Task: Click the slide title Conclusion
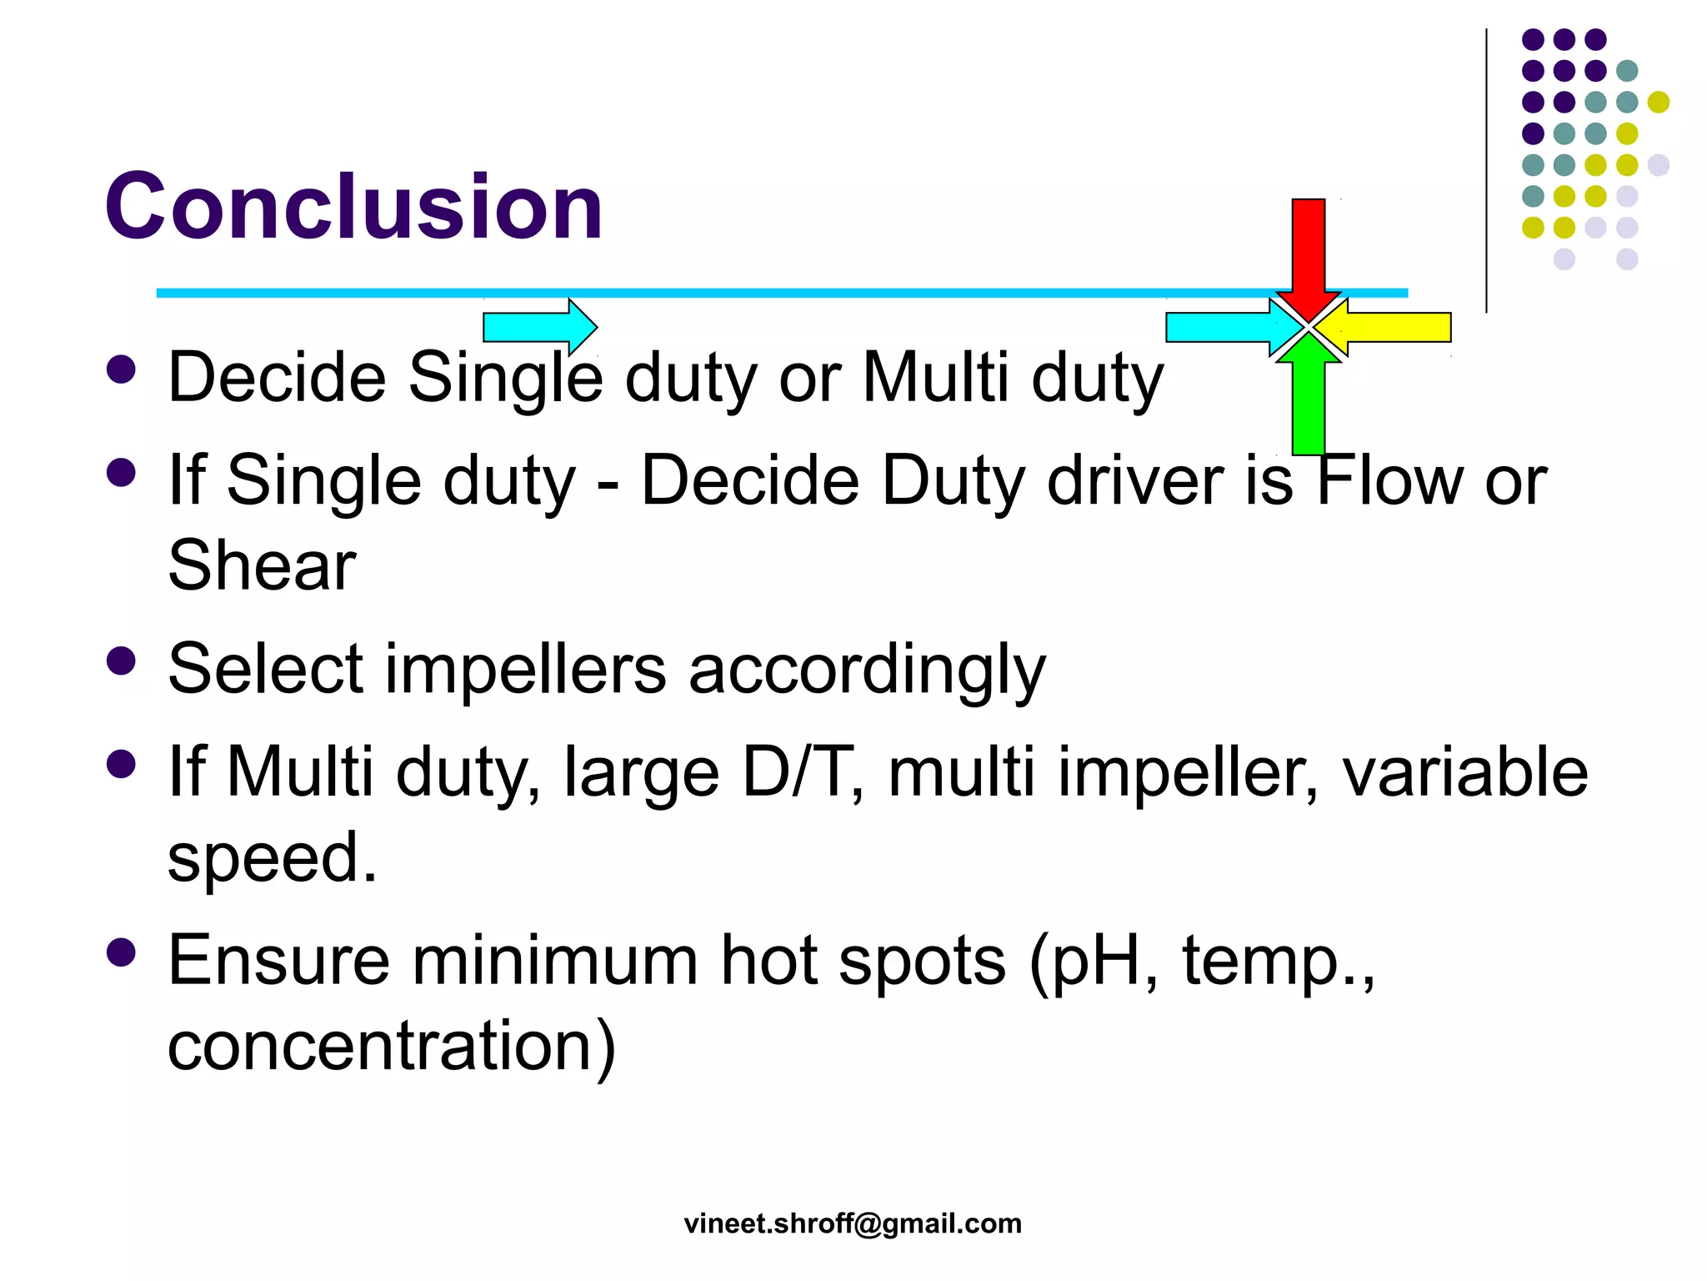[x=353, y=206]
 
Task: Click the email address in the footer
[x=853, y=1223]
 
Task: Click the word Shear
[x=262, y=566]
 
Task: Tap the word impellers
[x=525, y=669]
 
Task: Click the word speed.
[x=273, y=857]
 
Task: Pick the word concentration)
[x=392, y=1046]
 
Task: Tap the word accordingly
[x=867, y=669]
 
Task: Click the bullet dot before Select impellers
[x=122, y=661]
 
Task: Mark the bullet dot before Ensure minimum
[x=122, y=952]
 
